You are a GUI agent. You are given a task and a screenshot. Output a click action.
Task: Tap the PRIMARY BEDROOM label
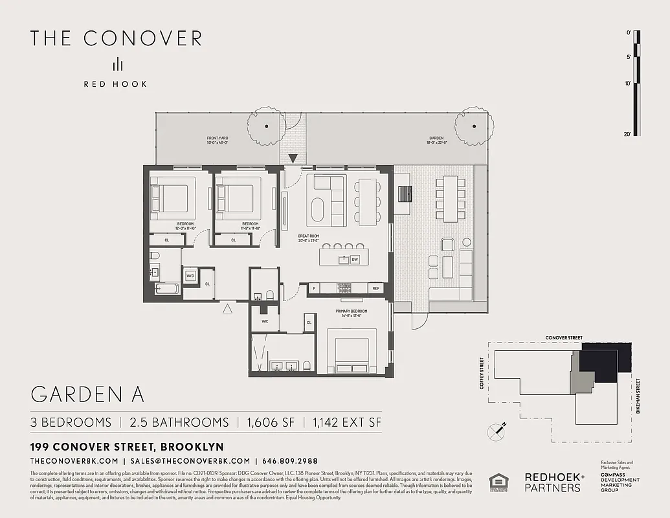point(352,311)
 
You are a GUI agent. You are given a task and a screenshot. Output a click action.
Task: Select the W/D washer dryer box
point(190,276)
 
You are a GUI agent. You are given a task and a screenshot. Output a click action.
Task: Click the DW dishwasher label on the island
point(355,260)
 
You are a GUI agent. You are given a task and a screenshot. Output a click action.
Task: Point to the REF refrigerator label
point(375,288)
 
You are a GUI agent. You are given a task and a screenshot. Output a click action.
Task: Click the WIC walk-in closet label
point(265,321)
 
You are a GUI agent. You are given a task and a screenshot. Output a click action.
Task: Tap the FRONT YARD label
point(218,139)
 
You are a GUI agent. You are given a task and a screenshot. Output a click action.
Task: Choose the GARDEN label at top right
point(435,139)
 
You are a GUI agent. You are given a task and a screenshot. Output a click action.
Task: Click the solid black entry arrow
point(293,158)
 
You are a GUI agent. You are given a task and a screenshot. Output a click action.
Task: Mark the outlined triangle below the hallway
point(227,310)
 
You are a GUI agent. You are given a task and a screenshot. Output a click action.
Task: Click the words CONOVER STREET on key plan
point(564,338)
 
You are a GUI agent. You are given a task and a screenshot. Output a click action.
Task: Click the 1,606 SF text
point(271,422)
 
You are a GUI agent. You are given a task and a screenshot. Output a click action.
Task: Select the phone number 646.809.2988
point(290,461)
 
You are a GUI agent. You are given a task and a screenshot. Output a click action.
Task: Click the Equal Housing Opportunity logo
point(498,483)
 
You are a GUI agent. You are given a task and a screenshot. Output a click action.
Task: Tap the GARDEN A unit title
point(87,395)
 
